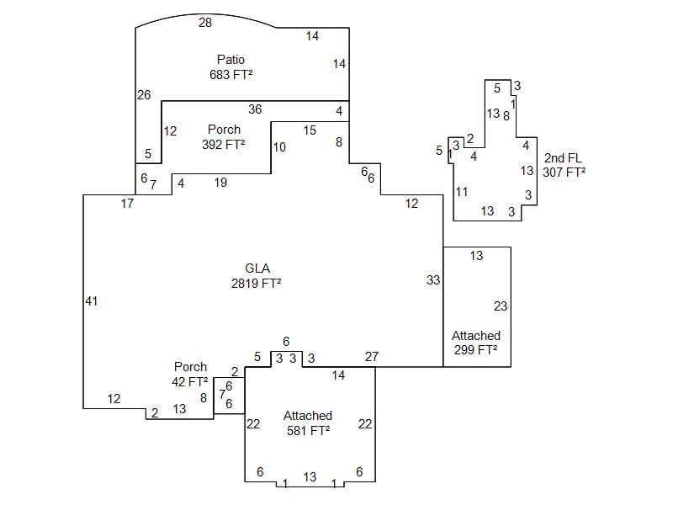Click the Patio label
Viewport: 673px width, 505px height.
[231, 60]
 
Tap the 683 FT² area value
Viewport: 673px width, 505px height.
[231, 74]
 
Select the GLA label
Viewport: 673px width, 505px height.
[257, 269]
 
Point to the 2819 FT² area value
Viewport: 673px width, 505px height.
[256, 284]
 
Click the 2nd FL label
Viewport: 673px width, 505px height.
[563, 158]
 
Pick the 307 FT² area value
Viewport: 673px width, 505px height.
[564, 172]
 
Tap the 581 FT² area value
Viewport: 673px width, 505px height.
[307, 430]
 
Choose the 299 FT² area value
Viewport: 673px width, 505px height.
[475, 350]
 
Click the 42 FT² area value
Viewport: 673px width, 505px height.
[190, 381]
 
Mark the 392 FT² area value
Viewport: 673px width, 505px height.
[223, 144]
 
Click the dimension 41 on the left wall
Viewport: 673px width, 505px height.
[92, 301]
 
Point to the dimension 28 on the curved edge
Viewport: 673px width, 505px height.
[205, 23]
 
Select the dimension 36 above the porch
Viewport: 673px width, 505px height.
[255, 109]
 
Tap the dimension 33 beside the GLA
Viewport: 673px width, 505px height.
[433, 280]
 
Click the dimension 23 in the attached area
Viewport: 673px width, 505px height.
[501, 306]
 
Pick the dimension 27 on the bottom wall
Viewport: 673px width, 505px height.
[372, 357]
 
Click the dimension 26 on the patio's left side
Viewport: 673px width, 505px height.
[144, 95]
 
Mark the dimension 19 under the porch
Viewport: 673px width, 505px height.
[220, 183]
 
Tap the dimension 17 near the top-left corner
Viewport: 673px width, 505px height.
[127, 204]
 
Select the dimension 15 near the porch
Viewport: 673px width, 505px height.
[310, 130]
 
